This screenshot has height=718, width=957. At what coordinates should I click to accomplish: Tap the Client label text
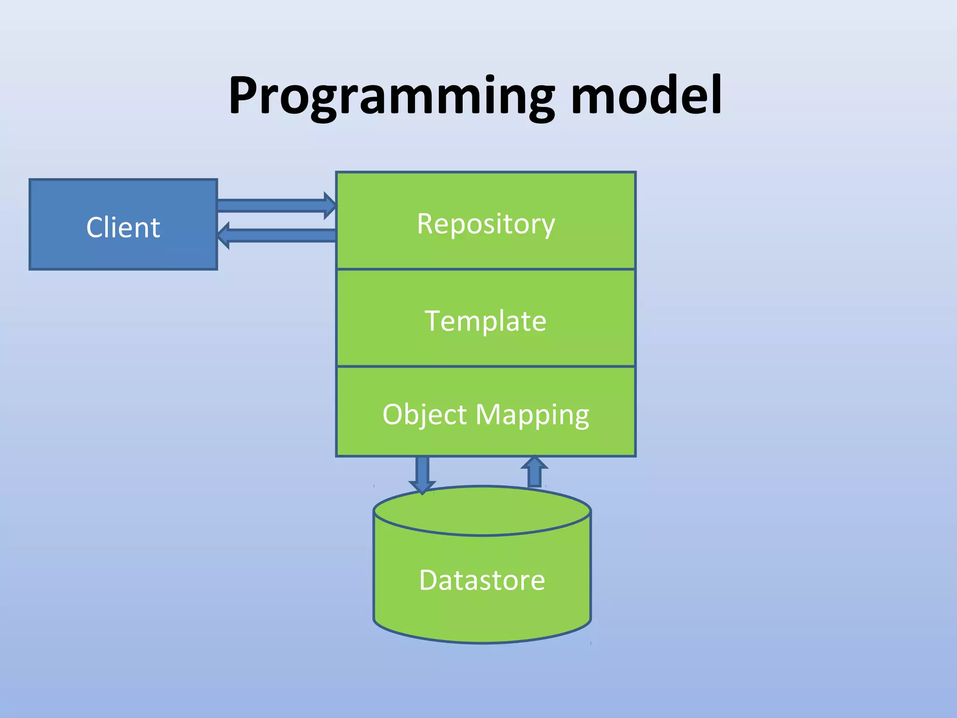pyautogui.click(x=123, y=228)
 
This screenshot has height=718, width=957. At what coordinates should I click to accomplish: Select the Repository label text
pyautogui.click(x=486, y=224)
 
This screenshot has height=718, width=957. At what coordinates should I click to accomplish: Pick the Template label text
pyautogui.click(x=486, y=321)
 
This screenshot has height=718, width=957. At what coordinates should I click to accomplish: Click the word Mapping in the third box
pyautogui.click(x=532, y=415)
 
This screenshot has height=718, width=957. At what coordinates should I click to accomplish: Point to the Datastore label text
pyautogui.click(x=482, y=580)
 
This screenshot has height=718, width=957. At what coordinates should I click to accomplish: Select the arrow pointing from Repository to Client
pyautogui.click(x=280, y=235)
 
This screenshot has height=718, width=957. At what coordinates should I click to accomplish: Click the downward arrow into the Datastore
pyautogui.click(x=422, y=473)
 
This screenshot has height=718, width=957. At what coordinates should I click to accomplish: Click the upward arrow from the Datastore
pyautogui.click(x=534, y=472)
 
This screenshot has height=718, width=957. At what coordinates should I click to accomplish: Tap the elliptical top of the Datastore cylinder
pyautogui.click(x=482, y=510)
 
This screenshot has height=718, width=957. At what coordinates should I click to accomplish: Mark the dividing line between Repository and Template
pyautogui.click(x=486, y=269)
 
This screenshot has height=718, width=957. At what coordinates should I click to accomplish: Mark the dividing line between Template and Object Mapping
pyautogui.click(x=486, y=366)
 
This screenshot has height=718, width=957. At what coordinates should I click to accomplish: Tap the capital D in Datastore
pyautogui.click(x=429, y=580)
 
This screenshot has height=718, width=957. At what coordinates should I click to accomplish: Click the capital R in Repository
pyautogui.click(x=426, y=223)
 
